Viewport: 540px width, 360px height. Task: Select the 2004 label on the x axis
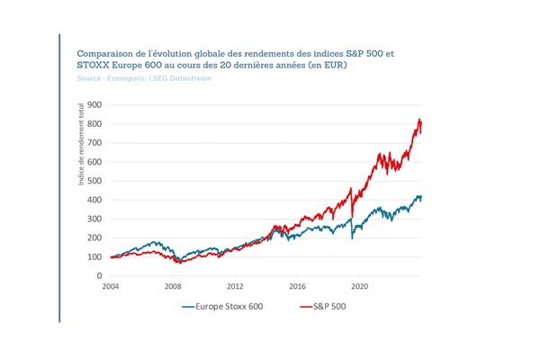pyautogui.click(x=110, y=287)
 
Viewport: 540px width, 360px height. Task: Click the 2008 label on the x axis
pyautogui.click(x=173, y=287)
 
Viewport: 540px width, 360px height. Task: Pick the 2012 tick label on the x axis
pyautogui.click(x=235, y=287)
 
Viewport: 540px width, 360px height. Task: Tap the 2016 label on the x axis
pyautogui.click(x=298, y=287)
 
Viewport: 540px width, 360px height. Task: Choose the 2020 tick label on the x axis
pyautogui.click(x=360, y=287)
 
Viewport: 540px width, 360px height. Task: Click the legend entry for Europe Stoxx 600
pyautogui.click(x=226, y=306)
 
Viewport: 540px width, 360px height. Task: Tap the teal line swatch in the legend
pyautogui.click(x=189, y=306)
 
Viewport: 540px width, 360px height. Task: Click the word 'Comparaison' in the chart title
pyautogui.click(x=104, y=53)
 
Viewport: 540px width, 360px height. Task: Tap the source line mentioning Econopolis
pyautogui.click(x=140, y=79)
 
